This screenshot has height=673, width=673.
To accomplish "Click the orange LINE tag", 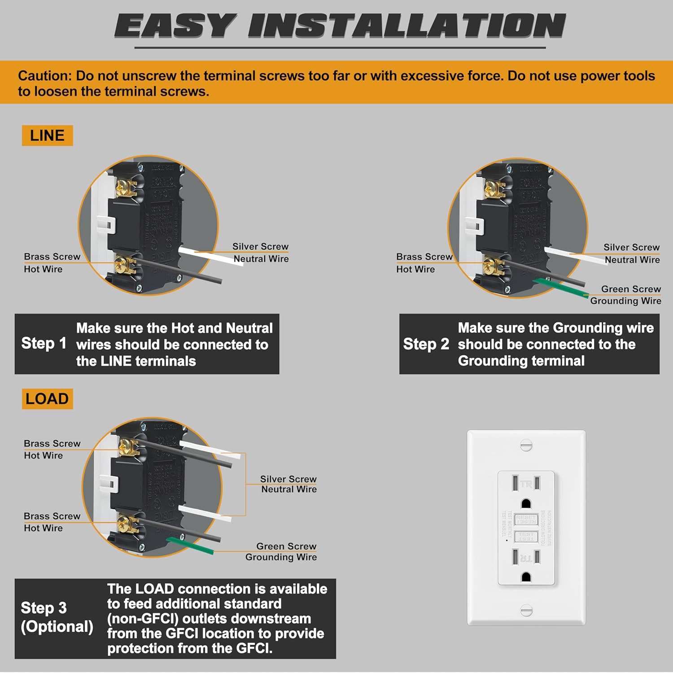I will click(47, 135).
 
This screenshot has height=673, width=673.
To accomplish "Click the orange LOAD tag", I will click(47, 399).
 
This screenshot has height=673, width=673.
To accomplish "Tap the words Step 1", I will click(44, 343).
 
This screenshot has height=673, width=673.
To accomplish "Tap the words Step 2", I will click(426, 344).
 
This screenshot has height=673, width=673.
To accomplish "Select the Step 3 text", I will click(44, 608).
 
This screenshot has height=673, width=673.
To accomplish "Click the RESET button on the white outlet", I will click(526, 520).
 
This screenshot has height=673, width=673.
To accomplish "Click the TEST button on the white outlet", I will click(526, 537).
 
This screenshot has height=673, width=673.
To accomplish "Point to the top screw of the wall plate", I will click(526, 445).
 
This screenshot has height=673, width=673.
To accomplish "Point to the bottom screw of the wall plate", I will click(526, 610).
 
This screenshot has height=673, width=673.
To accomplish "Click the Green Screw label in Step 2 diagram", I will click(631, 289).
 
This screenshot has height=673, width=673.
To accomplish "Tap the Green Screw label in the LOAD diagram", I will click(286, 546).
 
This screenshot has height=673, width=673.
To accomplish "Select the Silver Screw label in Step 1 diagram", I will click(260, 246).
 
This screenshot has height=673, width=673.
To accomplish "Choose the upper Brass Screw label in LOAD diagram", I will click(52, 443).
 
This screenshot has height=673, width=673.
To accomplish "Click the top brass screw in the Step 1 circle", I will click(123, 187).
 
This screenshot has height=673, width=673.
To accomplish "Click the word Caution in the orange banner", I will click(44, 76).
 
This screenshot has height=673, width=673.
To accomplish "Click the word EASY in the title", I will click(175, 26).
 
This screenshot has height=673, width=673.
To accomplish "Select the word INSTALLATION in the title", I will click(406, 26).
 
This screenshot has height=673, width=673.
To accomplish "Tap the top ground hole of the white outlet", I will click(526, 503).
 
